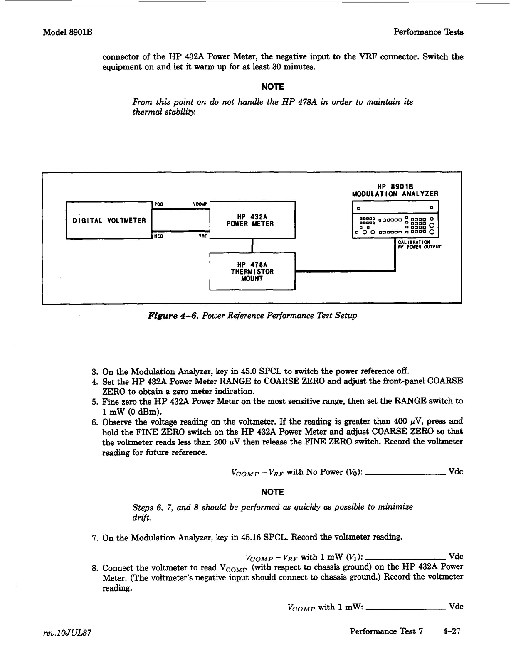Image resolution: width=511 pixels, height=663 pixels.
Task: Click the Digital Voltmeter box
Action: pos(109,220)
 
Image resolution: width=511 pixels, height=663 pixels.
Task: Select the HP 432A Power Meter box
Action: pos(252,220)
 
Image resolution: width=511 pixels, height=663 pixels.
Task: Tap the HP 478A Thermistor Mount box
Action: pos(252,271)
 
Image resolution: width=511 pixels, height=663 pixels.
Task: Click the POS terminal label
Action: pos(158,204)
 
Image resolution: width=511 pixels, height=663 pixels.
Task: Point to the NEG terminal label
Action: pos(158,236)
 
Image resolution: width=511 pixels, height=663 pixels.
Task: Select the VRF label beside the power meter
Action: pos(203,236)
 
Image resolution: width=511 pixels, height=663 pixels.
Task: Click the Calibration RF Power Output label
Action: pos(419,244)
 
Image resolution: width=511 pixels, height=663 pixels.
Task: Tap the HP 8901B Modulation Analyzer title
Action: pos(395,190)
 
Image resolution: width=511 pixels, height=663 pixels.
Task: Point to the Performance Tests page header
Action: pos(428,32)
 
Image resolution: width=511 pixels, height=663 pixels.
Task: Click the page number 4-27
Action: pos(452,631)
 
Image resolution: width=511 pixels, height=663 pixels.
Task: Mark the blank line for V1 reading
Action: pos(406,559)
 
